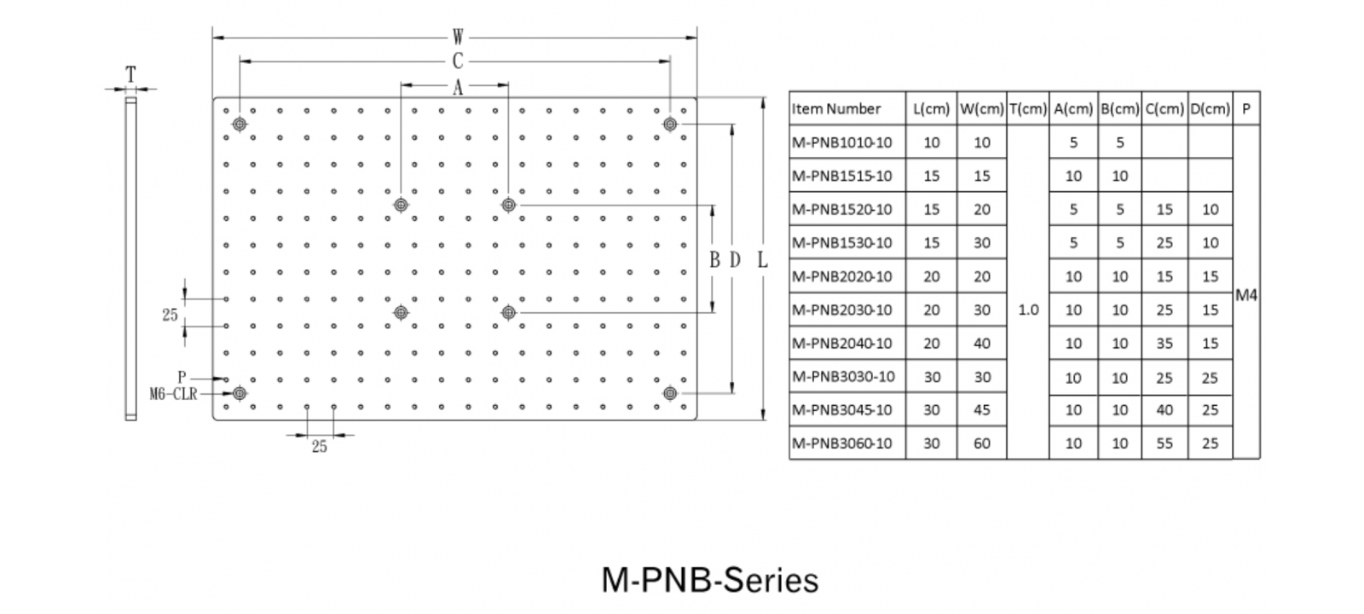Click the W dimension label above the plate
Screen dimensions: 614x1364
tap(458, 38)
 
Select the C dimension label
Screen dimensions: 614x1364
tap(458, 61)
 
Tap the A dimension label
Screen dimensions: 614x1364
tap(458, 87)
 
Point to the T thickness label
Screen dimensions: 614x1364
tap(131, 75)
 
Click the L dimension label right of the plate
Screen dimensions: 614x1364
tap(762, 260)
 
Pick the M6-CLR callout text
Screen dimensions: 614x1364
tap(173, 394)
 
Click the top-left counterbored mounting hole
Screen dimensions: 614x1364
tap(240, 125)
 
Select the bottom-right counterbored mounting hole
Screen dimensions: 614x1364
tap(670, 393)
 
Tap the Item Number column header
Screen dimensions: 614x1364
tap(836, 109)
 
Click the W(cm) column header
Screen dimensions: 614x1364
tap(981, 109)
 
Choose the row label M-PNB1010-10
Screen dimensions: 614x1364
tap(842, 142)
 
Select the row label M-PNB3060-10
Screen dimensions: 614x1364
tap(842, 443)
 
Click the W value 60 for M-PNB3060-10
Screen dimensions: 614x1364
tap(982, 443)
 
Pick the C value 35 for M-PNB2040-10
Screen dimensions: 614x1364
tap(1165, 344)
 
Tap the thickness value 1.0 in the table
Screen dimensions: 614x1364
tap(1028, 310)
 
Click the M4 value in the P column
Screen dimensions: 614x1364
tap(1246, 295)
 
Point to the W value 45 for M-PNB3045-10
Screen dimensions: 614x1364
tap(982, 410)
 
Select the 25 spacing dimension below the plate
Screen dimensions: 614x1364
tap(320, 447)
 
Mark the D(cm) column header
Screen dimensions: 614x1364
tap(1210, 109)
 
